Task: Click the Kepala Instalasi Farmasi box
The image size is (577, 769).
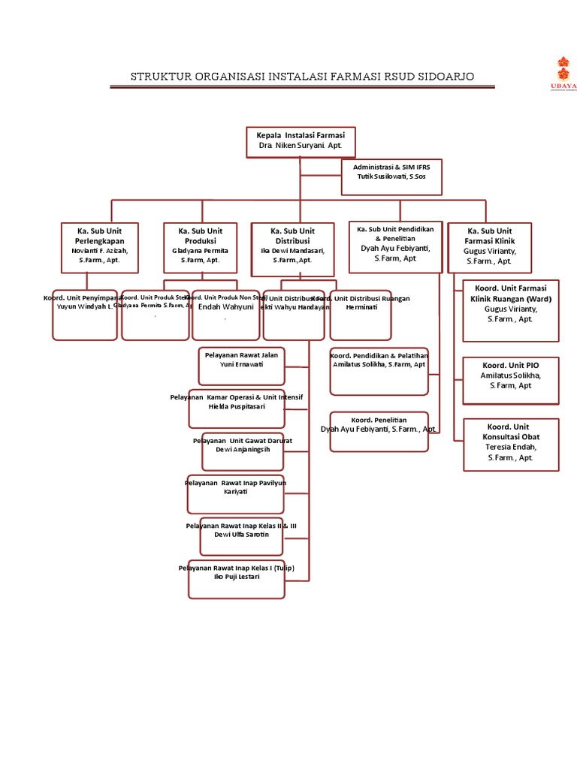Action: (301, 142)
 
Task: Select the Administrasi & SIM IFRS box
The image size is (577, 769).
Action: (391, 176)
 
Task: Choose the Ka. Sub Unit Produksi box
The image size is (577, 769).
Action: (201, 246)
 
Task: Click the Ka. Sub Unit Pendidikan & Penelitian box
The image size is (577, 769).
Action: (394, 246)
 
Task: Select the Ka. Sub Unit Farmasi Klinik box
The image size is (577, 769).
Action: (489, 246)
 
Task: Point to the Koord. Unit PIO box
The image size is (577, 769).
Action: (511, 380)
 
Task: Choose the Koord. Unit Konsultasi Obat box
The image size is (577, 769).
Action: (511, 445)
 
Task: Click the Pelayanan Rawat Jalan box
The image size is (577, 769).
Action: (241, 366)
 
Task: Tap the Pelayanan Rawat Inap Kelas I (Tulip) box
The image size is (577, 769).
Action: (237, 578)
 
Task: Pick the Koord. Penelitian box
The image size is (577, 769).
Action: (379, 430)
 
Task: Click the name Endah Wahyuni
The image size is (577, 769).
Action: (225, 306)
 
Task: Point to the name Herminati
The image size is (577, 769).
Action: (361, 307)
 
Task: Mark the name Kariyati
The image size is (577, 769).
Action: (235, 491)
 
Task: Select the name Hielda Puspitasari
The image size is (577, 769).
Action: (236, 406)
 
